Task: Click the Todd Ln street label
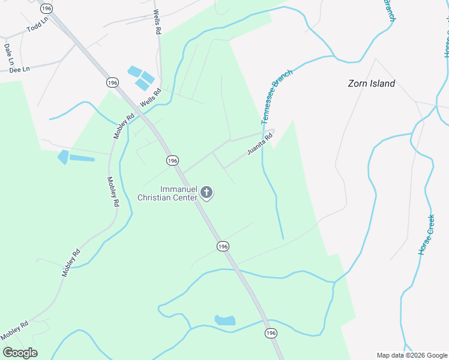tap(37, 28)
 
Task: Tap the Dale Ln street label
tap(8, 54)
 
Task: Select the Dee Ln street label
tap(20, 70)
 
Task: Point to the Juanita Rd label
tap(260, 144)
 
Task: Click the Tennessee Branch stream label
tap(277, 97)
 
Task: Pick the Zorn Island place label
tap(372, 83)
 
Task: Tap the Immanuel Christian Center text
tap(168, 193)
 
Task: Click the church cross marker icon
tap(206, 193)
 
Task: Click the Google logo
tap(20, 353)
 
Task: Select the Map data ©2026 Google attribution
tap(412, 355)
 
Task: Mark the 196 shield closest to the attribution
tap(271, 333)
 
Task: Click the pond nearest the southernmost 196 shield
tap(224, 320)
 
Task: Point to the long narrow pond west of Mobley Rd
tap(82, 159)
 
